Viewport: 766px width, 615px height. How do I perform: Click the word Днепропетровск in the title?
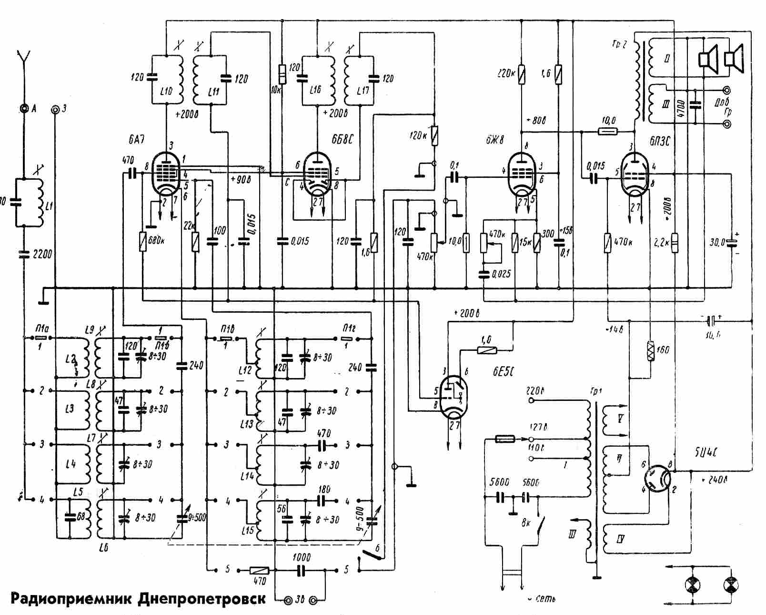(202, 599)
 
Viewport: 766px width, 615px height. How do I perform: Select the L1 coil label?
(50, 205)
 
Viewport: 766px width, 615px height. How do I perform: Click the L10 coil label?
(166, 91)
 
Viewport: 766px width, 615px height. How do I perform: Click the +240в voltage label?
(715, 480)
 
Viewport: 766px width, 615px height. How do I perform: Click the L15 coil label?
(248, 529)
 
